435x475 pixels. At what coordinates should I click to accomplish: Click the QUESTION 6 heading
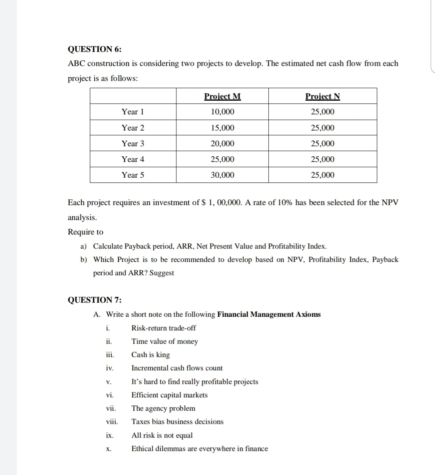pyautogui.click(x=94, y=49)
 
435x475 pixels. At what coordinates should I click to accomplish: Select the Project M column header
pyautogui.click(x=222, y=96)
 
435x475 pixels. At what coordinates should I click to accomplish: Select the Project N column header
pyautogui.click(x=322, y=96)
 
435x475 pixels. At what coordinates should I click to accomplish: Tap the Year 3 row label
pyautogui.click(x=133, y=143)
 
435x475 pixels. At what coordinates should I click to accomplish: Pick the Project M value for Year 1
pyautogui.click(x=222, y=112)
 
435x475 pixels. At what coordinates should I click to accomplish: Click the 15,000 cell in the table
pyautogui.click(x=222, y=128)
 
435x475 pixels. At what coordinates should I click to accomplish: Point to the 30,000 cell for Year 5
pyautogui.click(x=222, y=175)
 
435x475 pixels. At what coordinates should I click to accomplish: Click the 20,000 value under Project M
pyautogui.click(x=222, y=143)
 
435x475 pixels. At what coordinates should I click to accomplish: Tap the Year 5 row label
pyautogui.click(x=133, y=175)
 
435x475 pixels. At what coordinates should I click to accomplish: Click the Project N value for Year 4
pyautogui.click(x=322, y=159)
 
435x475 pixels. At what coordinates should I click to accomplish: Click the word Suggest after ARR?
pyautogui.click(x=162, y=273)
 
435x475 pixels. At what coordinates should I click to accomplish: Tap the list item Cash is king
pyautogui.click(x=151, y=355)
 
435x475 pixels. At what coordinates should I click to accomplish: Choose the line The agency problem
pyautogui.click(x=163, y=408)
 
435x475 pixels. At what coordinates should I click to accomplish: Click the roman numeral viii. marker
pyautogui.click(x=112, y=422)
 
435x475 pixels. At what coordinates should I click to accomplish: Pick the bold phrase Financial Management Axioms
pyautogui.click(x=269, y=314)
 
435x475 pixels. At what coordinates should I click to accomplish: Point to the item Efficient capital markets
pyautogui.click(x=170, y=395)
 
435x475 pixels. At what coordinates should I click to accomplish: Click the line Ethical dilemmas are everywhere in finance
pyautogui.click(x=199, y=448)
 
